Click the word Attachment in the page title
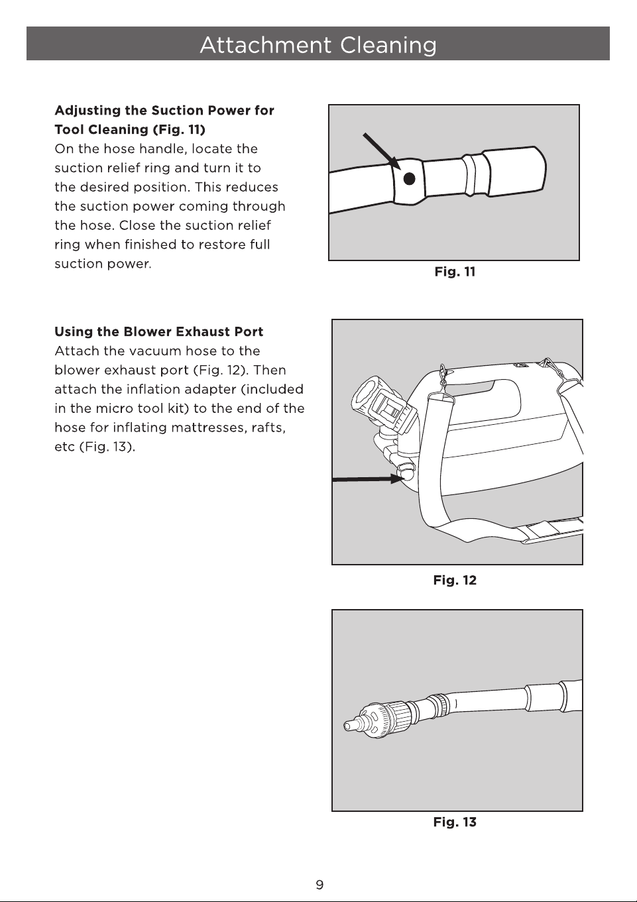click(266, 44)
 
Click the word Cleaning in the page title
click(388, 45)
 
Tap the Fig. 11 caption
click(455, 272)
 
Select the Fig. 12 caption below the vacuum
click(455, 581)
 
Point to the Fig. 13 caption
click(455, 822)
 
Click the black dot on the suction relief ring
click(409, 178)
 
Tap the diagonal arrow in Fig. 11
click(382, 151)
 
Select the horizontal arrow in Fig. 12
click(368, 479)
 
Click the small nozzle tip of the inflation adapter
click(350, 725)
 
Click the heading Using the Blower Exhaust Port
click(158, 332)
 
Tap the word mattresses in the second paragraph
click(207, 427)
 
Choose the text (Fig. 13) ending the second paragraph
click(107, 447)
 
